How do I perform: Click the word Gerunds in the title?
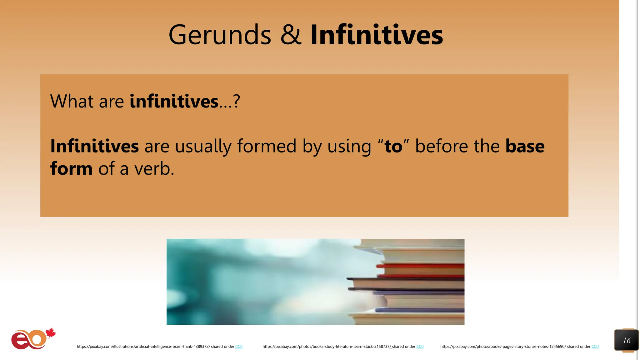[x=220, y=35]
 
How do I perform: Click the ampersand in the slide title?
[x=291, y=35]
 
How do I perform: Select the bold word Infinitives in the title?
[x=377, y=35]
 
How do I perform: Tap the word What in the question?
[x=72, y=101]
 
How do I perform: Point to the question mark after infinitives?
[x=237, y=101]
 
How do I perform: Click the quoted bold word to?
[x=393, y=146]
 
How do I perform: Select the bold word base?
[x=525, y=146]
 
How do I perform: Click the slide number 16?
[x=627, y=340]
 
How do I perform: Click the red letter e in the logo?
[x=19, y=341]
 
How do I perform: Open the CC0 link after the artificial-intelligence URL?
[x=239, y=347]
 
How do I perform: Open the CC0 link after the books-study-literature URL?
[x=420, y=347]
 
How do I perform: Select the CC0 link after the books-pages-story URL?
[x=595, y=347]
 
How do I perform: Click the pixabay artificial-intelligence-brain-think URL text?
[x=143, y=347]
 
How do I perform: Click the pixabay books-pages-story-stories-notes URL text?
[x=503, y=347]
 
